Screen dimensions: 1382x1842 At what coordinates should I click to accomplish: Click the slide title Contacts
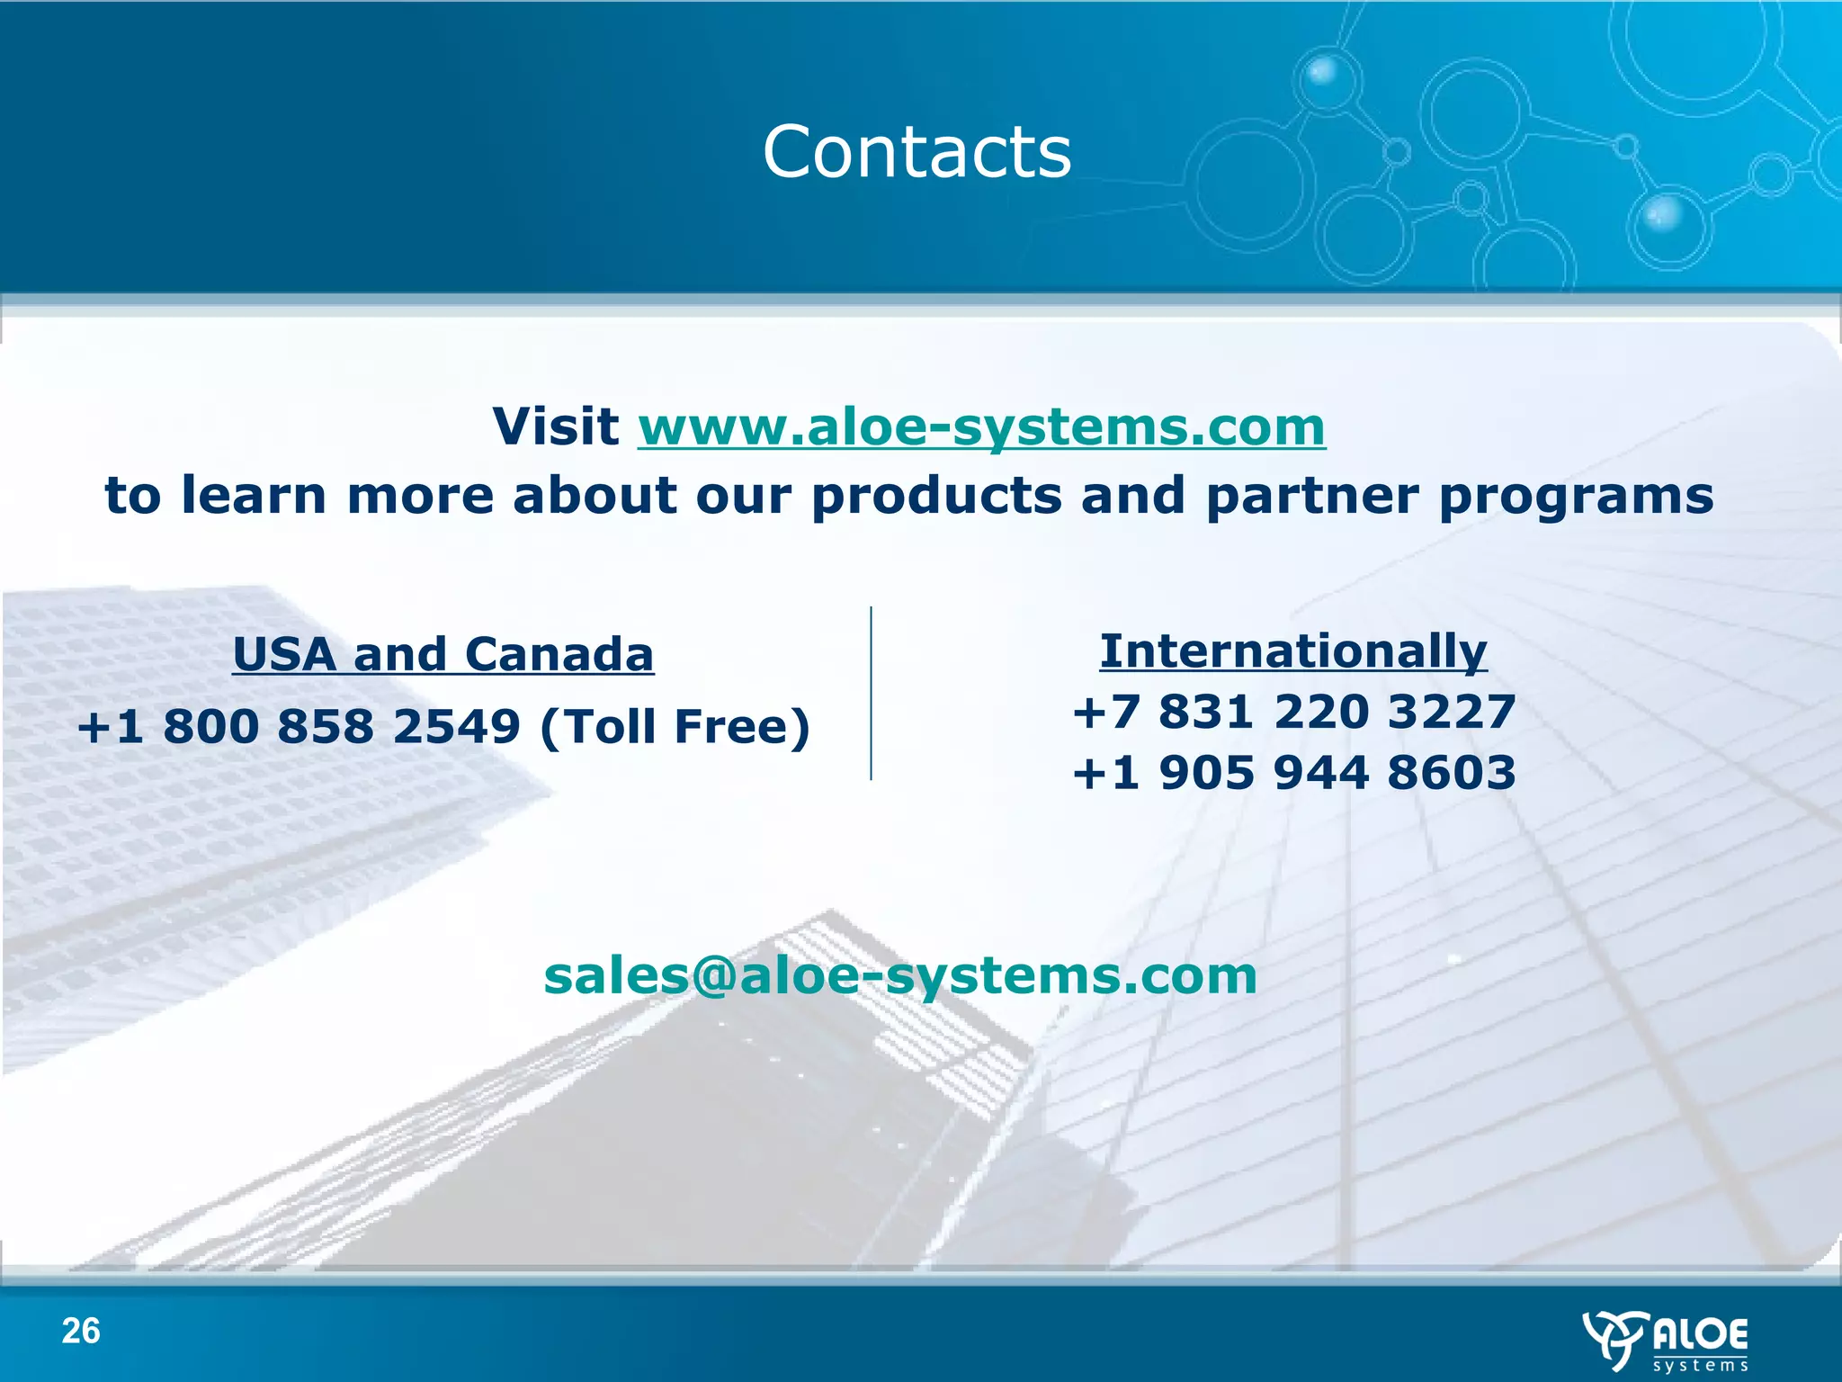[917, 151]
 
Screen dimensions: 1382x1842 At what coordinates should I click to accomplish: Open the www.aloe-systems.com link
[981, 426]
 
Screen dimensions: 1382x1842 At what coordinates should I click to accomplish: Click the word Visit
[555, 426]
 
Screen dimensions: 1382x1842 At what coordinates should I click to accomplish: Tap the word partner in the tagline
[1311, 497]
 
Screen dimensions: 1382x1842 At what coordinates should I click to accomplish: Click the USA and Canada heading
[443, 654]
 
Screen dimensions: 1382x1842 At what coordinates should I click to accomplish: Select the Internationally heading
[1293, 651]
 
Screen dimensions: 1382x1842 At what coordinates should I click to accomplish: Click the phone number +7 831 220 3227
[1293, 712]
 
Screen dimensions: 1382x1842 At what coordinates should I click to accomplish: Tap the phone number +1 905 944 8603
[1293, 773]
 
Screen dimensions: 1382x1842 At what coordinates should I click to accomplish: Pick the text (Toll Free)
[675, 727]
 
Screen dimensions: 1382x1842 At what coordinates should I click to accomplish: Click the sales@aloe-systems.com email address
[900, 975]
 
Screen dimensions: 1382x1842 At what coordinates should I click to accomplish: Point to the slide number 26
[81, 1331]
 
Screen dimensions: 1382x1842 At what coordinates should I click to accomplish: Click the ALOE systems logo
[1667, 1341]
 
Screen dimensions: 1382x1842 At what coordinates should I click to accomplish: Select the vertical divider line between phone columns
[871, 693]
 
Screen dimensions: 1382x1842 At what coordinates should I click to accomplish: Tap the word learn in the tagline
[254, 496]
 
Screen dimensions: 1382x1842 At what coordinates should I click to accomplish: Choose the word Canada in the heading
[559, 654]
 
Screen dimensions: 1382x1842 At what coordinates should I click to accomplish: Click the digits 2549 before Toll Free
[457, 727]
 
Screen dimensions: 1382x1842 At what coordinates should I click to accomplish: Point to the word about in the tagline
[594, 496]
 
